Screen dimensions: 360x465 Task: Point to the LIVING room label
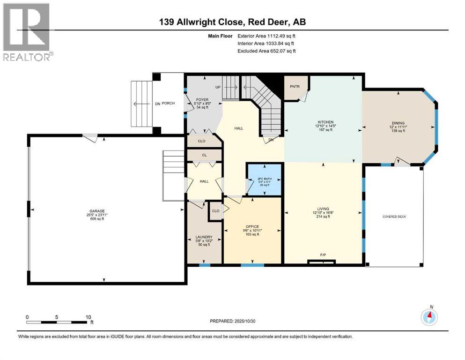click(323, 209)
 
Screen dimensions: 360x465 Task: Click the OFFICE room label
click(252, 227)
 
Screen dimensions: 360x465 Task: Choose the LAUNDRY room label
click(204, 237)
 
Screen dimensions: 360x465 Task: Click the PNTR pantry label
click(294, 86)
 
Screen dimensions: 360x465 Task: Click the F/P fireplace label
click(323, 255)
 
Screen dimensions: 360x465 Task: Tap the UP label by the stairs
click(218, 88)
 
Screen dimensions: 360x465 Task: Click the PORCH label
click(168, 103)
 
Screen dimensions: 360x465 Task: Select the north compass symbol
click(429, 317)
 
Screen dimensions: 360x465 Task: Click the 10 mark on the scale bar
click(88, 317)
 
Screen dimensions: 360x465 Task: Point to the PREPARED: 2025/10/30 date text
click(232, 321)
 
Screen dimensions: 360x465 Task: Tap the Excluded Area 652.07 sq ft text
click(266, 51)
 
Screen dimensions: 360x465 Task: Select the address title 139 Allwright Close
click(232, 22)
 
